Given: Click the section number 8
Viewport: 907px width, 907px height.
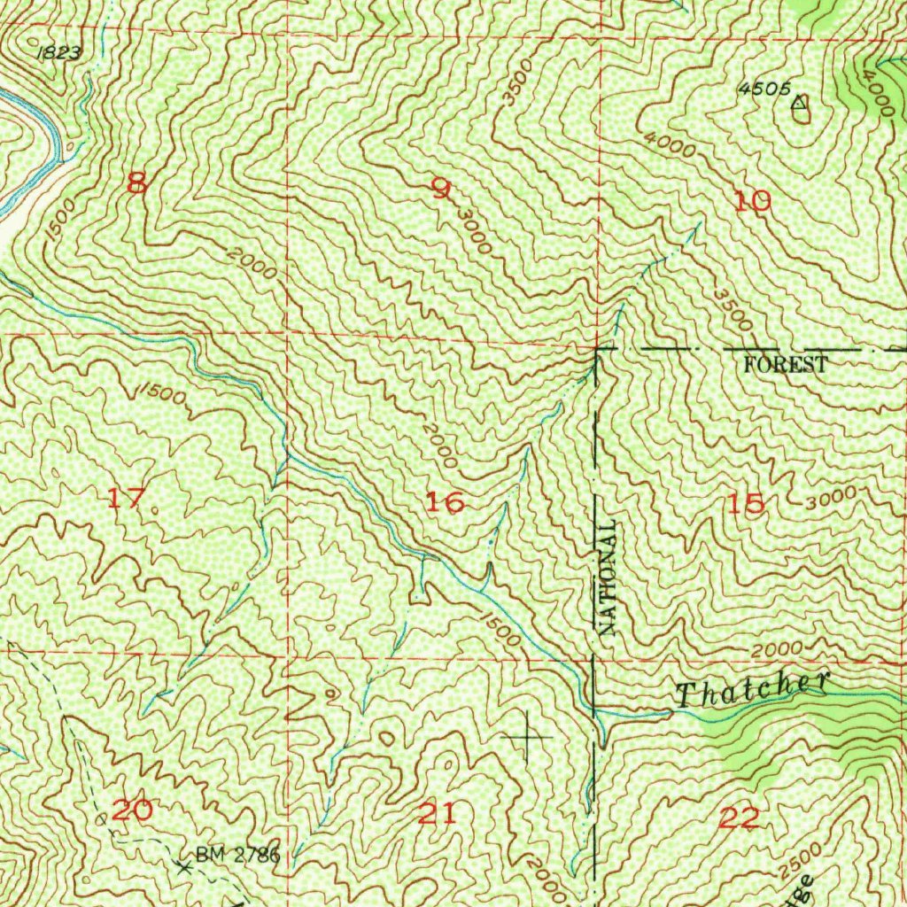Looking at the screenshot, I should pos(136,183).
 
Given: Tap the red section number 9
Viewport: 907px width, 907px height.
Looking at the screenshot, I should pos(440,188).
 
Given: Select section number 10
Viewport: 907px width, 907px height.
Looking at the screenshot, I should pos(753,202).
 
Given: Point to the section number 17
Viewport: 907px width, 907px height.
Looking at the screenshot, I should pos(125,498).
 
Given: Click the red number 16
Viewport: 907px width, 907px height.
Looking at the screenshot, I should pos(445,503).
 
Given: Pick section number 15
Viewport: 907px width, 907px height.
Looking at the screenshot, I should pos(745,504).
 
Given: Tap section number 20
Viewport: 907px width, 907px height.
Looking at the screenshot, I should pos(133,809).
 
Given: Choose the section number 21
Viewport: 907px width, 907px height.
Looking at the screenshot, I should pos(438,813).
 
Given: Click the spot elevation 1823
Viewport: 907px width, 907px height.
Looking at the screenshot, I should pos(60,53).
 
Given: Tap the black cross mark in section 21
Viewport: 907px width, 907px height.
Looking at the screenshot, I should pos(527,736).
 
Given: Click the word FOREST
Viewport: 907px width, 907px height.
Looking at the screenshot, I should pos(786,364).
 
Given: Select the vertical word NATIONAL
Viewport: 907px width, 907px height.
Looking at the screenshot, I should pos(608,578).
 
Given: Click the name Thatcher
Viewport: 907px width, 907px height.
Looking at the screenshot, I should pos(753,688).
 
